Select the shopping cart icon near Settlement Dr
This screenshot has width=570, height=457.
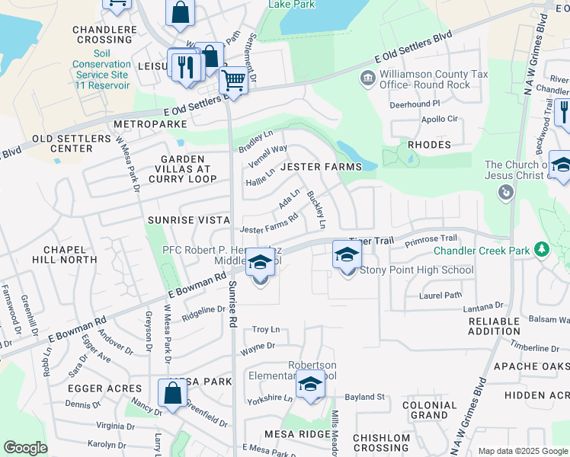tap(234, 80)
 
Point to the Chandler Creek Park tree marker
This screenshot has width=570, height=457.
tap(542, 249)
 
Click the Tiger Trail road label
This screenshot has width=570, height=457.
tap(373, 240)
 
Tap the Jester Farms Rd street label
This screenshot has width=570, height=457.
tap(268, 228)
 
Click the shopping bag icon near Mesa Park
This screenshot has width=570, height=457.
tap(173, 393)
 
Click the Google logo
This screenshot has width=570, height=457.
tap(25, 448)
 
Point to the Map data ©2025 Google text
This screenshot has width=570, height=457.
tap(522, 451)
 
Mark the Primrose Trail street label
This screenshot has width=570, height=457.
tap(431, 239)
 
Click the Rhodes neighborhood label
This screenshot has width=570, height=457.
tap(430, 144)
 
